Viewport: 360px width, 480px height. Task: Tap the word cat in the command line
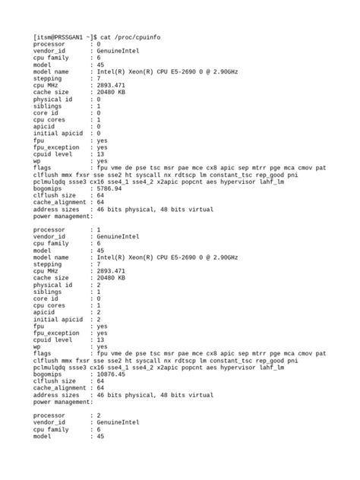(x=112, y=36)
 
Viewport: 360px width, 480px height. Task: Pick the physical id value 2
(x=98, y=285)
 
